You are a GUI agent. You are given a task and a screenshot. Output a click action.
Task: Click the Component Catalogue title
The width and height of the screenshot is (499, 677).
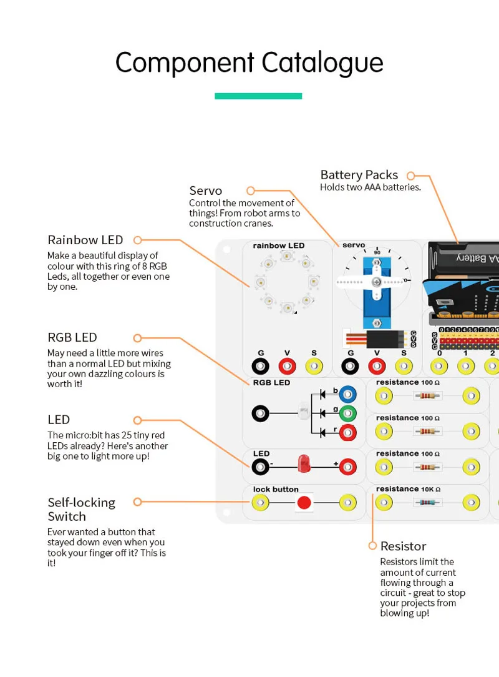249,63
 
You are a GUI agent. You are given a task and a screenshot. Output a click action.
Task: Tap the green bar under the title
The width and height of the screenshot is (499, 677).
258,96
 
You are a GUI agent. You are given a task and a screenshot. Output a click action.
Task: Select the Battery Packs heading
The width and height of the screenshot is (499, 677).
359,175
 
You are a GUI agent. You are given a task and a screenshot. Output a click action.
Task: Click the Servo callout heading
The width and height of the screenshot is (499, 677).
205,190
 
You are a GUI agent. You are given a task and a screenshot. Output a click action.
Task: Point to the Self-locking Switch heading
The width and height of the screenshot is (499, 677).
81,509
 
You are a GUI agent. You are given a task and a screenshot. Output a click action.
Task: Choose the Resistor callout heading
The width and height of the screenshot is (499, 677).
403,546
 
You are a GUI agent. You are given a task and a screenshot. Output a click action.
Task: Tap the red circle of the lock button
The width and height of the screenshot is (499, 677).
304,503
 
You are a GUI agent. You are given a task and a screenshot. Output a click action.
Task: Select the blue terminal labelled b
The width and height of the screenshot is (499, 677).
347,395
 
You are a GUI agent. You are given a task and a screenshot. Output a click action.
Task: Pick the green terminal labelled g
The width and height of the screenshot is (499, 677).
347,413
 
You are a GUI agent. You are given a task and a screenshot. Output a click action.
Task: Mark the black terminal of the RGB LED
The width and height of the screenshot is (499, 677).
261,413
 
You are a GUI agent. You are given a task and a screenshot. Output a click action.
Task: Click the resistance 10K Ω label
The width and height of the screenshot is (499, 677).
408,489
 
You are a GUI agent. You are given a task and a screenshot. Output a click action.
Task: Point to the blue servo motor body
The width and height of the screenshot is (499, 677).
377,294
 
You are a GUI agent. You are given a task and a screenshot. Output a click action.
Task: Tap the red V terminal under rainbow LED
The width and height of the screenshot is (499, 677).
288,366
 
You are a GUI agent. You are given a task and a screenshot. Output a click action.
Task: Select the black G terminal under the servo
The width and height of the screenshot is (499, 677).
351,366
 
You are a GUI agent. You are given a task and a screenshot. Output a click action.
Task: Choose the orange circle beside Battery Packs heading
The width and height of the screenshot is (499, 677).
411,177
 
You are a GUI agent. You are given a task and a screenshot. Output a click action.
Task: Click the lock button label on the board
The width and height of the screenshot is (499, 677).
276,489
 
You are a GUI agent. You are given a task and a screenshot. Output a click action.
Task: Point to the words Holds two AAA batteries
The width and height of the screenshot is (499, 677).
371,187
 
